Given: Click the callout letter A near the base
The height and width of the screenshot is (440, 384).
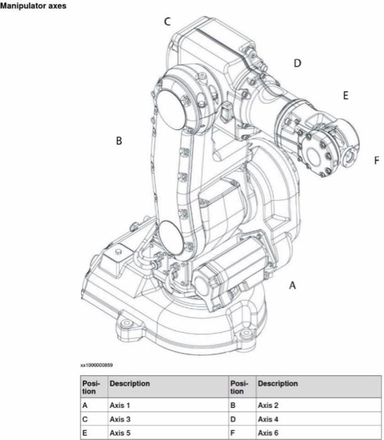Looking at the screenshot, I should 292,285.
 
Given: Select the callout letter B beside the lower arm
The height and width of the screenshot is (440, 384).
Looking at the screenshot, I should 118,141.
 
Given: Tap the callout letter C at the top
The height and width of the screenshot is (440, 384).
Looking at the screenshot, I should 167,21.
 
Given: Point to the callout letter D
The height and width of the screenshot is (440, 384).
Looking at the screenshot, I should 297,63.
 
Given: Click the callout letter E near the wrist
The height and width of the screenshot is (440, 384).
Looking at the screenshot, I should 345,96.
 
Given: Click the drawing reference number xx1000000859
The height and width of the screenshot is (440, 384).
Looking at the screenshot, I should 96,365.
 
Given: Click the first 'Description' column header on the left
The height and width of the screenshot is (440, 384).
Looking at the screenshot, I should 130,383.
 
